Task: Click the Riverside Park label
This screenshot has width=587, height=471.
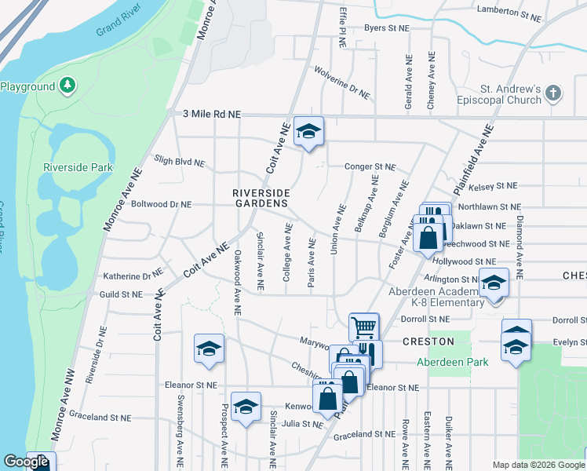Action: pos(78,167)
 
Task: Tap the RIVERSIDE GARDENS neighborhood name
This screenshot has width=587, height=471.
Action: pos(261,198)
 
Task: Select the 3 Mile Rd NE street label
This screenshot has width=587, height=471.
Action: pos(211,114)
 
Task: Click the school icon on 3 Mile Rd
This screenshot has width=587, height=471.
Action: pos(308,131)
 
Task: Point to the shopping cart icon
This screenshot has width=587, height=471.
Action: pos(363,327)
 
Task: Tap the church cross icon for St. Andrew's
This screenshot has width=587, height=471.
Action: pos(554,93)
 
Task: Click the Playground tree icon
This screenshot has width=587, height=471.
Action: pos(68,85)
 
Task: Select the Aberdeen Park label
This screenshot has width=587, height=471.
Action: pos(463,362)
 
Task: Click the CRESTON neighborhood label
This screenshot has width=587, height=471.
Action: pos(428,341)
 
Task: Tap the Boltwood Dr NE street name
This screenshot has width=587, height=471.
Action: pos(161,204)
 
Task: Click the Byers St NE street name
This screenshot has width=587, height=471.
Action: pos(387,28)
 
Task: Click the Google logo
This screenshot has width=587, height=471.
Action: pos(26,462)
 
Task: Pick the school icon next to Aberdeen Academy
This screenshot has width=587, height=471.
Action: pos(494,283)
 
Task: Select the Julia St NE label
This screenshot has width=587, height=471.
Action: pos(297,425)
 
